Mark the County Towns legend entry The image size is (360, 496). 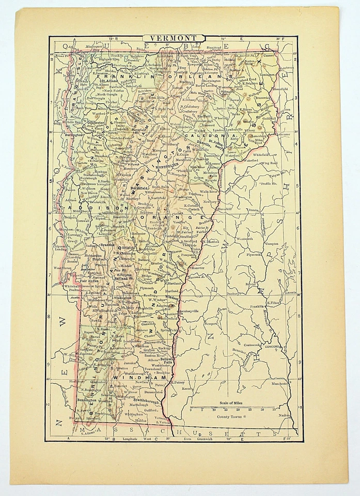pyautogui.click(x=233, y=416)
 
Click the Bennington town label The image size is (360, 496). pyautogui.click(x=87, y=400)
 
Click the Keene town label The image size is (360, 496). pyautogui.click(x=186, y=388)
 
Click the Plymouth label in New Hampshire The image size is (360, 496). pyautogui.click(x=254, y=254)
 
